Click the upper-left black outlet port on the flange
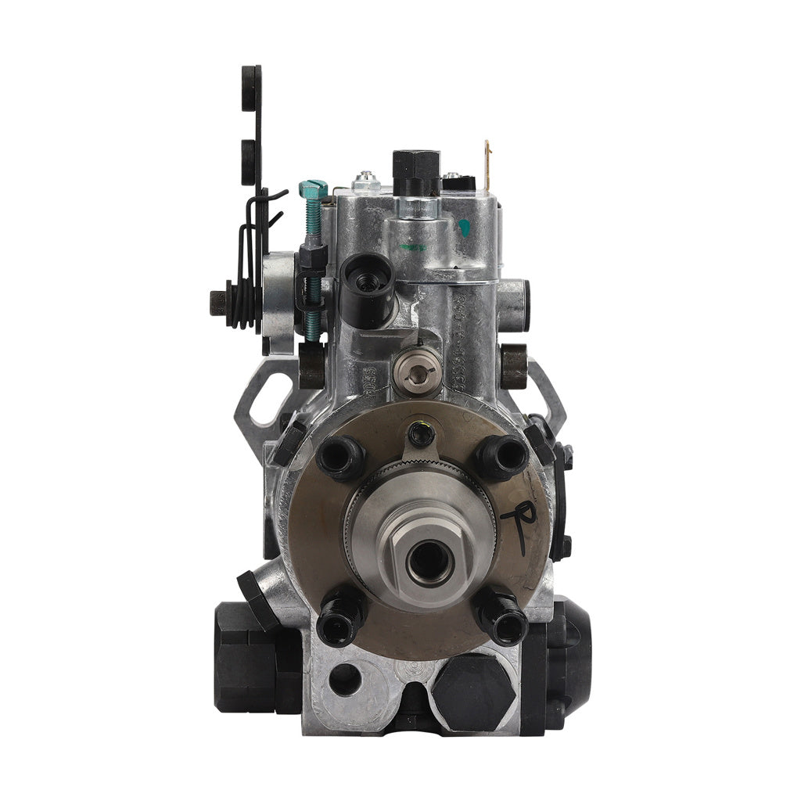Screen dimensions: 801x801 tap(339, 458)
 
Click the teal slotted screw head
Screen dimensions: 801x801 tap(314, 189)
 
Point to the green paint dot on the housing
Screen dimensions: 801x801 tap(465, 228)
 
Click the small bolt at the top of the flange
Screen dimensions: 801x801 tap(422, 433)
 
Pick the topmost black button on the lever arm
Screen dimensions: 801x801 tap(251, 78)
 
